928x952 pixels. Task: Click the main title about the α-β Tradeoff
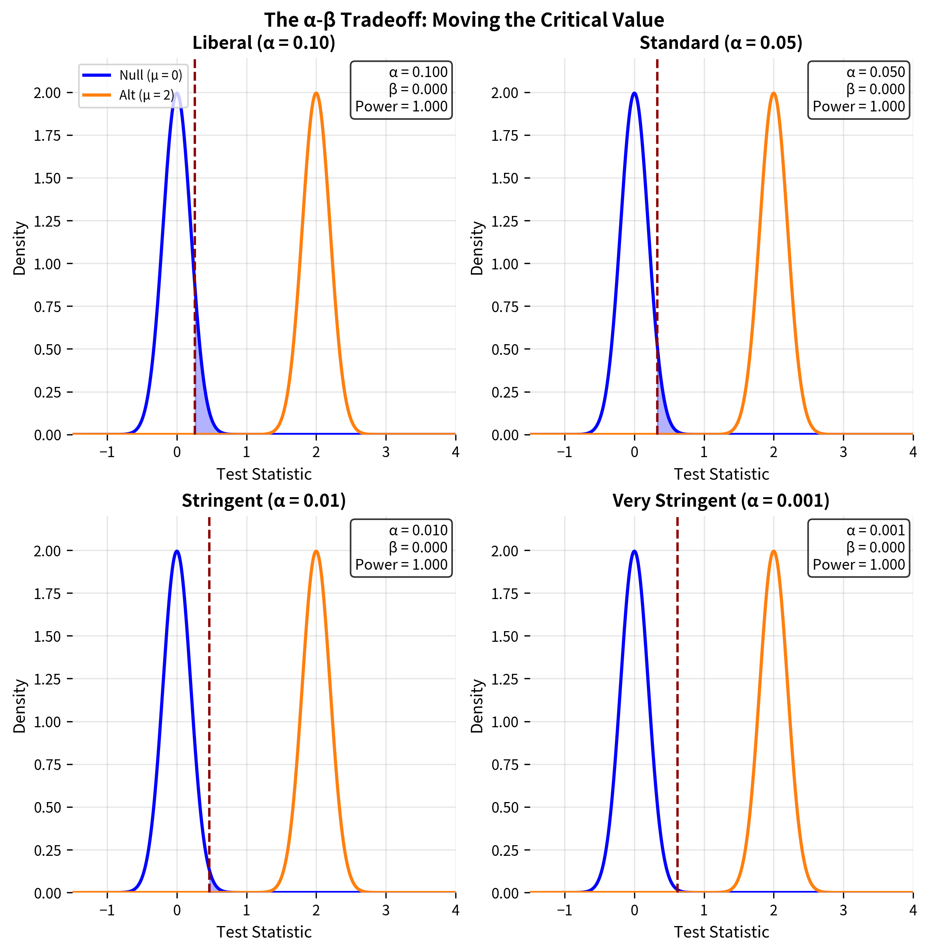click(x=464, y=20)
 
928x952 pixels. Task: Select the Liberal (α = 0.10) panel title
click(x=264, y=43)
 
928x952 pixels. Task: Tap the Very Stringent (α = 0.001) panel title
click(x=721, y=501)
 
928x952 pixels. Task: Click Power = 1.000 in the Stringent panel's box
click(x=401, y=564)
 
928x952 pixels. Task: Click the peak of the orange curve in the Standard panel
click(x=774, y=93)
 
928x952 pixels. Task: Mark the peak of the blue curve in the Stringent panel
click(x=177, y=552)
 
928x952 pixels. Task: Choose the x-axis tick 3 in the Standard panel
click(x=843, y=452)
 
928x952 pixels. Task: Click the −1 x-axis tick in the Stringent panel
click(x=107, y=910)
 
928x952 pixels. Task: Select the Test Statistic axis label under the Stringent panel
click(x=264, y=932)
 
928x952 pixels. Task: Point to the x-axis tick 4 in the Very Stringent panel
click(x=912, y=910)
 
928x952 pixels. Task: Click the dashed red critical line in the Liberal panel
click(x=194, y=195)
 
